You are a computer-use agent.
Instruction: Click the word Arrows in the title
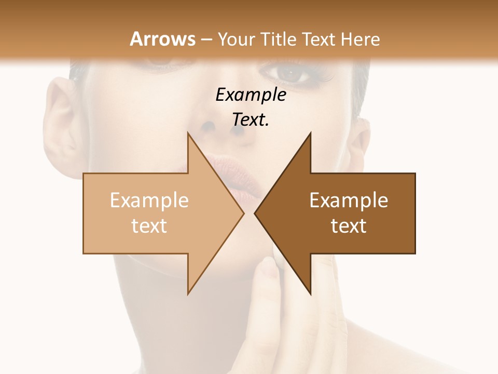pyautogui.click(x=163, y=39)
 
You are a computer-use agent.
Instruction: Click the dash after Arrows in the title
pyautogui.click(x=206, y=39)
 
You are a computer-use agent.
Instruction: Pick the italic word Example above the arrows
pyautogui.click(x=251, y=95)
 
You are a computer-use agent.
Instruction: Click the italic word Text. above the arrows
pyautogui.click(x=251, y=119)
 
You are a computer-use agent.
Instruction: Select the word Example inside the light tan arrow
pyautogui.click(x=149, y=201)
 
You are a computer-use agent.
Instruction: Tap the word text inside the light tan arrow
pyautogui.click(x=149, y=225)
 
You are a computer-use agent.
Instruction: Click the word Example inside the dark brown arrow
pyautogui.click(x=349, y=201)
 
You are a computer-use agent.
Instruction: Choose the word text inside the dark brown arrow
pyautogui.click(x=349, y=225)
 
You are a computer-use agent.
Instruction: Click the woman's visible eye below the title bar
pyautogui.click(x=292, y=74)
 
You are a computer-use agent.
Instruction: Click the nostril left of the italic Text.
pyautogui.click(x=209, y=126)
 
